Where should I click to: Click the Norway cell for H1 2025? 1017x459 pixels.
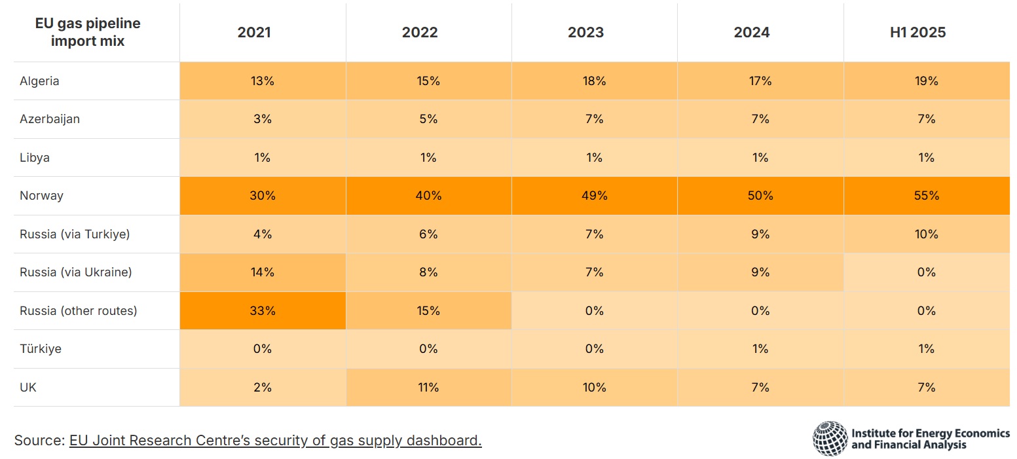click(x=926, y=196)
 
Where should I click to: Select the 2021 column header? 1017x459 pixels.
click(x=254, y=33)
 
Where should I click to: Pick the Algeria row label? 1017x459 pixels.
click(x=39, y=81)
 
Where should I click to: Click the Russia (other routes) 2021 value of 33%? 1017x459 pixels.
click(x=263, y=311)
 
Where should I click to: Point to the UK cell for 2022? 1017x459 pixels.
click(x=428, y=388)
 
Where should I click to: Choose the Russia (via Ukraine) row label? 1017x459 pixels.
click(x=75, y=272)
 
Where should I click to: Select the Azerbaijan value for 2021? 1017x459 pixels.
click(x=263, y=119)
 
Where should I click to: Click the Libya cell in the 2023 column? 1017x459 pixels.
click(x=594, y=158)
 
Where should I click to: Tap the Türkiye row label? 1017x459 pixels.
click(x=41, y=349)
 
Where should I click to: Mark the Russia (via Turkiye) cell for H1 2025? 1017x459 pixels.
click(x=926, y=234)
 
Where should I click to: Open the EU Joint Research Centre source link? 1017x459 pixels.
click(x=275, y=441)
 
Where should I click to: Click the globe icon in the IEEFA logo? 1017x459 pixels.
click(x=830, y=439)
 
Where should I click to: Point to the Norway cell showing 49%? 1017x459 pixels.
click(x=594, y=196)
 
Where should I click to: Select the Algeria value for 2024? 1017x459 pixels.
click(x=760, y=81)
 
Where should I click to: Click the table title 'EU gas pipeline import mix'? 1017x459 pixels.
click(x=87, y=33)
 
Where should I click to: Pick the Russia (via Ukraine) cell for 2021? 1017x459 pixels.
click(x=263, y=272)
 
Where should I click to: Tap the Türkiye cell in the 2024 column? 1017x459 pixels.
click(x=760, y=349)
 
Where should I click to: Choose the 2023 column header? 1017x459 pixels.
click(x=585, y=33)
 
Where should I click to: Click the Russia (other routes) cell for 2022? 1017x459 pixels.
click(x=428, y=311)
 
